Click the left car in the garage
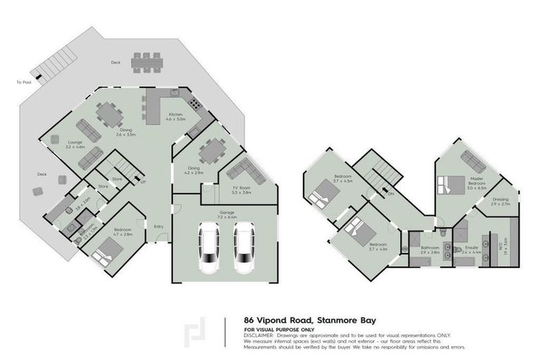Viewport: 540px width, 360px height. (x=210, y=249)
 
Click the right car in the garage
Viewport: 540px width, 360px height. (x=244, y=249)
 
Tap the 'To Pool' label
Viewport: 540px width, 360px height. (x=24, y=82)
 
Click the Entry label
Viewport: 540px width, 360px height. (x=159, y=226)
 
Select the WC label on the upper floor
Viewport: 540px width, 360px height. (x=501, y=246)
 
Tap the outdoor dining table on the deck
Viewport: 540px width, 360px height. (x=146, y=61)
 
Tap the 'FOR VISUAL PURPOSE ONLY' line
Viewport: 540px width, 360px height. (x=279, y=328)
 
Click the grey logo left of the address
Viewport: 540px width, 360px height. (x=191, y=333)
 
